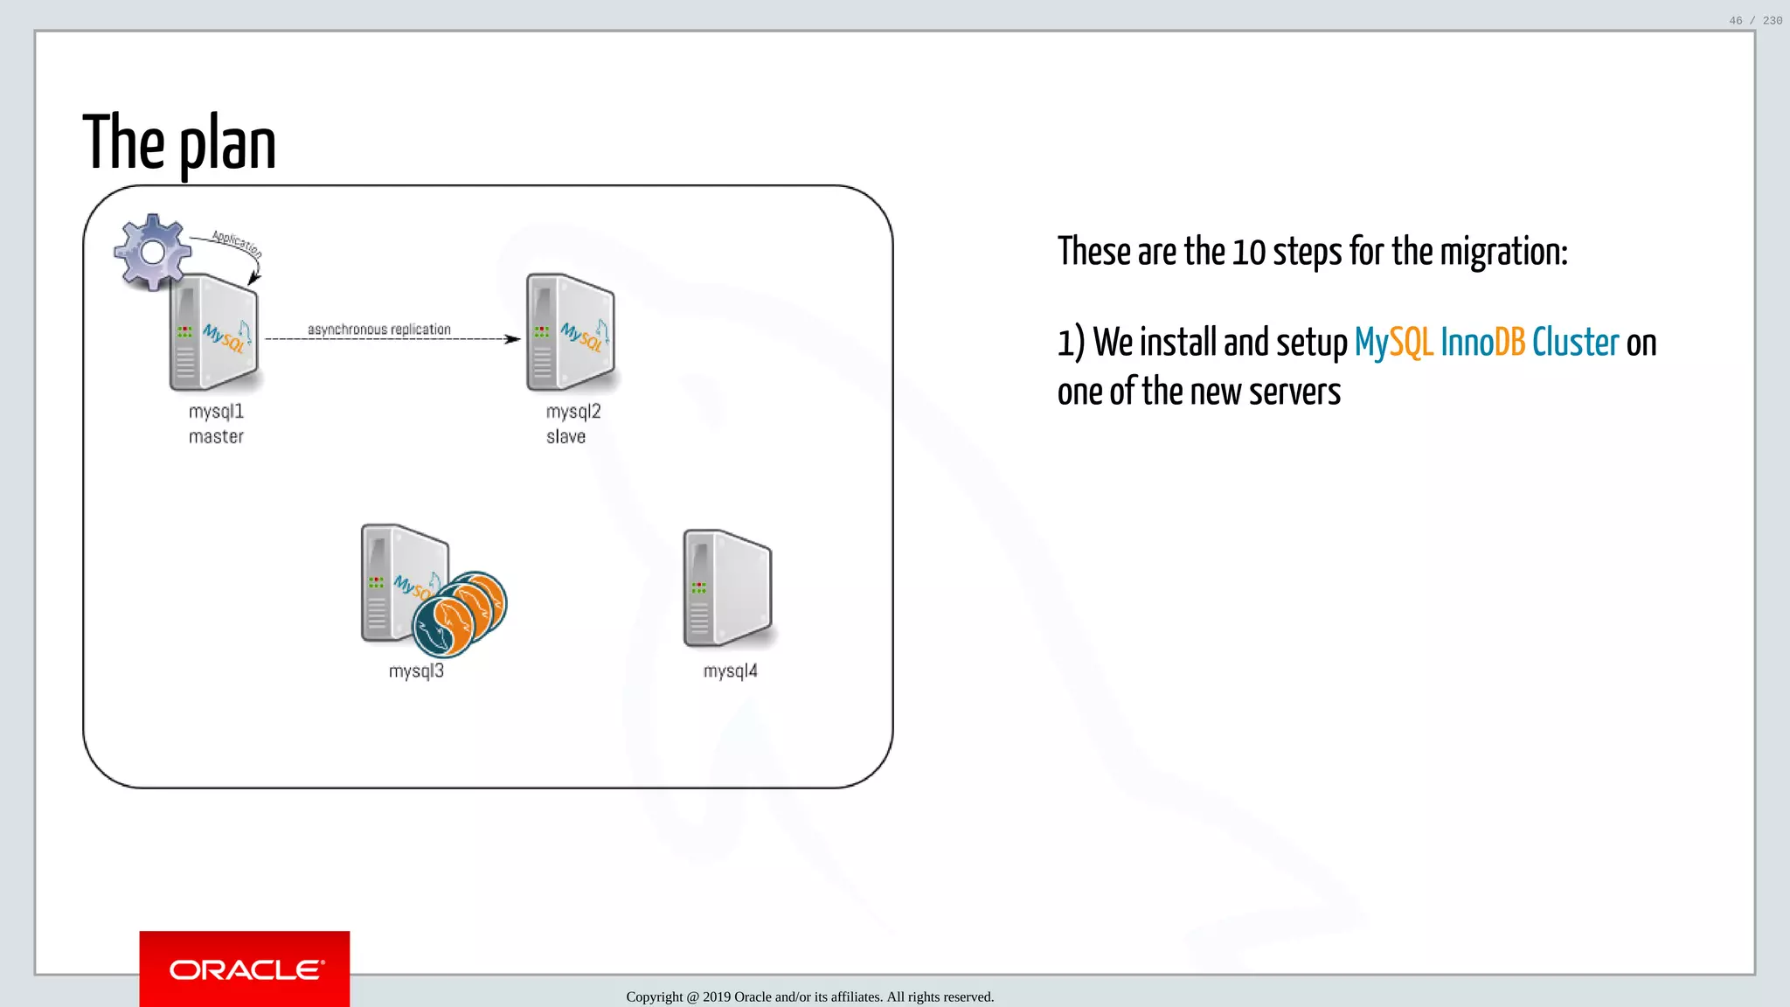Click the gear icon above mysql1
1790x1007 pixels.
click(152, 252)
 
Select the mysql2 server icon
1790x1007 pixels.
click(571, 333)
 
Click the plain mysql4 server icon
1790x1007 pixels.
click(727, 588)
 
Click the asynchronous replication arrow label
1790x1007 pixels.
click(378, 329)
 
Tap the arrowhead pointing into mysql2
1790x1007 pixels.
click(513, 339)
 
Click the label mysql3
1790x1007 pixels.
click(416, 670)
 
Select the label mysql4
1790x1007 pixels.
click(730, 670)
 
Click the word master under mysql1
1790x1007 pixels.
click(216, 436)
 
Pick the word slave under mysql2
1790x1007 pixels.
click(565, 436)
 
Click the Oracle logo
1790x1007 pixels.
click(245, 969)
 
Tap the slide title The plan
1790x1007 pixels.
click(179, 143)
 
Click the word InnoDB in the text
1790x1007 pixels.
click(1482, 342)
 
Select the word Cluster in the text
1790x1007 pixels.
click(1575, 342)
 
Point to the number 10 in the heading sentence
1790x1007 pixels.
click(1248, 253)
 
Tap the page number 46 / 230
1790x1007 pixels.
click(1755, 20)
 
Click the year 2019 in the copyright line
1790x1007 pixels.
click(717, 997)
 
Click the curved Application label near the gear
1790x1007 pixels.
click(237, 243)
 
